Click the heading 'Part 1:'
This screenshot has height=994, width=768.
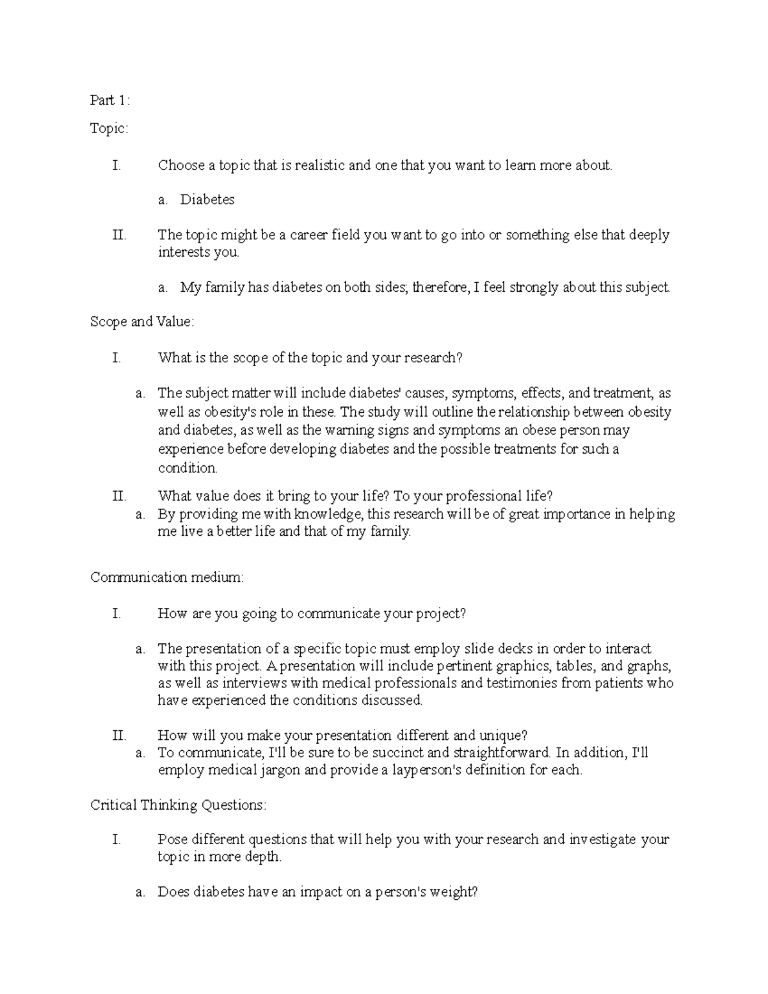pos(110,100)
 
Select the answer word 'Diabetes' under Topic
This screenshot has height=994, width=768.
pos(207,200)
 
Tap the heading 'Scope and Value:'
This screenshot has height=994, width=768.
pos(142,322)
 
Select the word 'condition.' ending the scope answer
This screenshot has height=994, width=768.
pos(188,468)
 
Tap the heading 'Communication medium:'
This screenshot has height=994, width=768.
pos(167,577)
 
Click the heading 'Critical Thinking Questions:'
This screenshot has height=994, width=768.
pos(178,805)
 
